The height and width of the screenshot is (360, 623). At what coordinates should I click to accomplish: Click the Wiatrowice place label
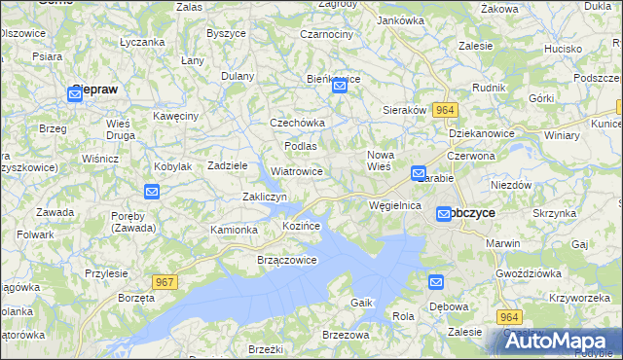point(297,171)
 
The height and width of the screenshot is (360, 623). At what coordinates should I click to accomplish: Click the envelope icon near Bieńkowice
point(340,87)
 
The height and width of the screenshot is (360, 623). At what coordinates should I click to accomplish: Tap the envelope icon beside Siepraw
point(76,93)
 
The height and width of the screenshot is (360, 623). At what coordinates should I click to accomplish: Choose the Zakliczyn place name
point(264,197)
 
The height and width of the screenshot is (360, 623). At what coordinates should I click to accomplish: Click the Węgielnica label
point(395,205)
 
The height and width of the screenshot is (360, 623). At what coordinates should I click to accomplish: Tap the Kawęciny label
point(176,116)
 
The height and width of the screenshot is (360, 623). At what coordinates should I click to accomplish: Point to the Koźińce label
point(302,226)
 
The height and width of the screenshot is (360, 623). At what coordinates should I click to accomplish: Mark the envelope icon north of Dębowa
point(436,282)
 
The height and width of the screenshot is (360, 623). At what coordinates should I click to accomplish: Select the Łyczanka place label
point(142,42)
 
